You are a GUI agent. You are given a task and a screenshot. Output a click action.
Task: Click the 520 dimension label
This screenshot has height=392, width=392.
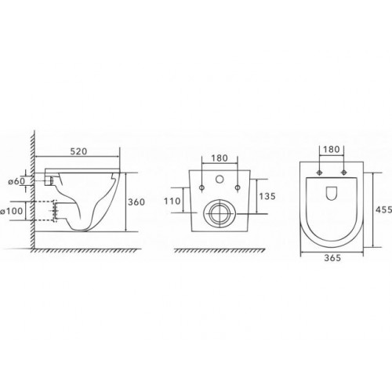click(78, 151)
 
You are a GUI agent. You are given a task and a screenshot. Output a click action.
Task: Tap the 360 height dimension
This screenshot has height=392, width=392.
click(136, 201)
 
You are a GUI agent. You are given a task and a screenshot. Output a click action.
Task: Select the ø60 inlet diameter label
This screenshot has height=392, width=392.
click(16, 181)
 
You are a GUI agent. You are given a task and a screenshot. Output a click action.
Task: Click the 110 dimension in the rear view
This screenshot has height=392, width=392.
click(172, 201)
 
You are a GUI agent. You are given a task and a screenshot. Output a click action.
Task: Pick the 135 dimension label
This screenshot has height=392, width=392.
click(267, 196)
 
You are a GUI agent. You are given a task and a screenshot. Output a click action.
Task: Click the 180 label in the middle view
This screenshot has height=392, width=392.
click(220, 158)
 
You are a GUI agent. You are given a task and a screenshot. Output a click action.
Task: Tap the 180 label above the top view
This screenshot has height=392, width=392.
click(332, 149)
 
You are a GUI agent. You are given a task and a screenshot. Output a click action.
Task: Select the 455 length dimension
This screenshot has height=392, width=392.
click(383, 209)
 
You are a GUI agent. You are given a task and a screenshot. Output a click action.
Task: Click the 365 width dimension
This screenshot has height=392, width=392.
click(332, 258)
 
